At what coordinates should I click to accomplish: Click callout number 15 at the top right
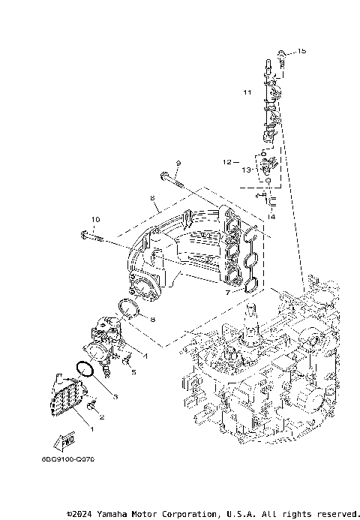point(302,51)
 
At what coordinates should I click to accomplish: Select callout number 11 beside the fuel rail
point(247,92)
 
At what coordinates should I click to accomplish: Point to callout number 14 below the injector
point(271,216)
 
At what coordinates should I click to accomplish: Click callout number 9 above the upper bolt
point(178,163)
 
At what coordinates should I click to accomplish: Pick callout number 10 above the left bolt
point(95,220)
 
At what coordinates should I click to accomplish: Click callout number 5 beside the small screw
point(133,371)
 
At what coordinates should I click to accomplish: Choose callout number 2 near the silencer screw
point(102,416)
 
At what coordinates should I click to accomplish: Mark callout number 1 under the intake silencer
point(91,428)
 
